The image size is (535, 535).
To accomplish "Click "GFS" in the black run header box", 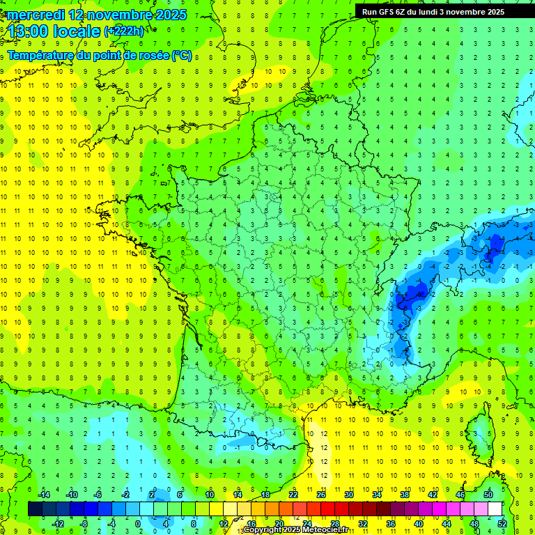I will [387, 12].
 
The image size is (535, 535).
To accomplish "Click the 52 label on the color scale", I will [502, 524].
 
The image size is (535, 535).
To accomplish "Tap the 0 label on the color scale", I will [137, 524].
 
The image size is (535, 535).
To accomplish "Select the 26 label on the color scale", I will [321, 494].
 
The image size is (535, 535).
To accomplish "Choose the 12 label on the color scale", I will [224, 524].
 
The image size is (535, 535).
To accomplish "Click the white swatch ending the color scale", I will [495, 509].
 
